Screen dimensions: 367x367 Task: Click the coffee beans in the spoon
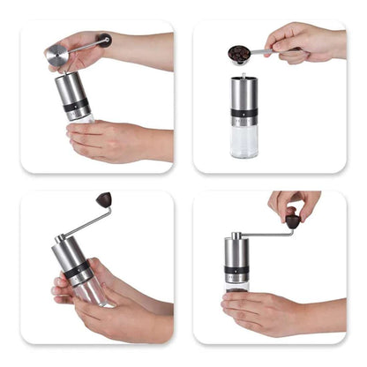point(238,55)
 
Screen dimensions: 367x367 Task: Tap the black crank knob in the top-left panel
point(105,40)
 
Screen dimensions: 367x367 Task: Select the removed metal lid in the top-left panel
point(57,55)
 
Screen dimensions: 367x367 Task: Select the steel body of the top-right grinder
point(244,94)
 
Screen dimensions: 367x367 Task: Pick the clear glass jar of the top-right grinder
point(244,140)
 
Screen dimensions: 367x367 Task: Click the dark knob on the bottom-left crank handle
point(104,200)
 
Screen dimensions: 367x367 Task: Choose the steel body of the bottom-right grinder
point(235,252)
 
